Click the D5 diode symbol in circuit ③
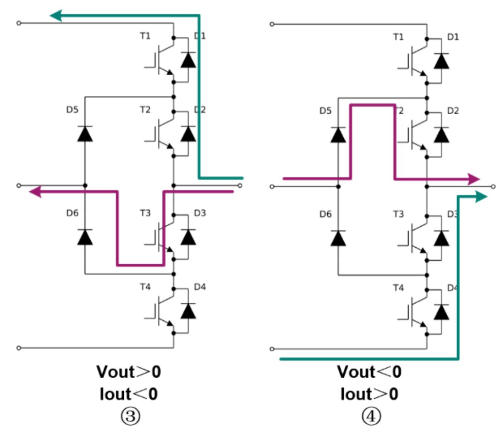85,134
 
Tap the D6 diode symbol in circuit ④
338,238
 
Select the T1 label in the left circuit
145,36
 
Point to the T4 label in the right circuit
398,288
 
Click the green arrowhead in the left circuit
56,16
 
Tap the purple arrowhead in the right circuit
473,179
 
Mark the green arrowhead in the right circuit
481,197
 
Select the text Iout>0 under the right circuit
369,394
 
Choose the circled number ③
129,416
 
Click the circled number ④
369,416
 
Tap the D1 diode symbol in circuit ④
441,61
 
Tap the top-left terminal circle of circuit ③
18,23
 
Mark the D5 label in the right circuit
325,111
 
